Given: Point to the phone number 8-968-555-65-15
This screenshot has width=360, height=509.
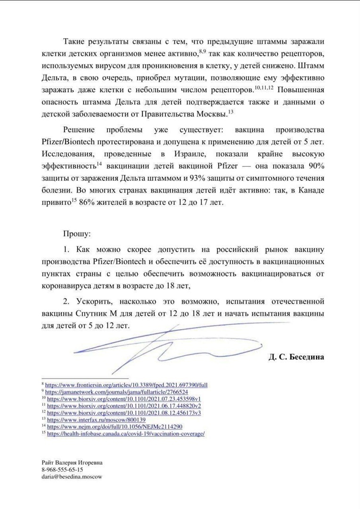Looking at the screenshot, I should tap(62, 470).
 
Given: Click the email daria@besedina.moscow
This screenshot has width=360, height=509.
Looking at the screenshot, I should tap(72, 476).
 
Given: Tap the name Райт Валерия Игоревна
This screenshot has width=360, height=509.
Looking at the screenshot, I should tap(72, 463).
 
